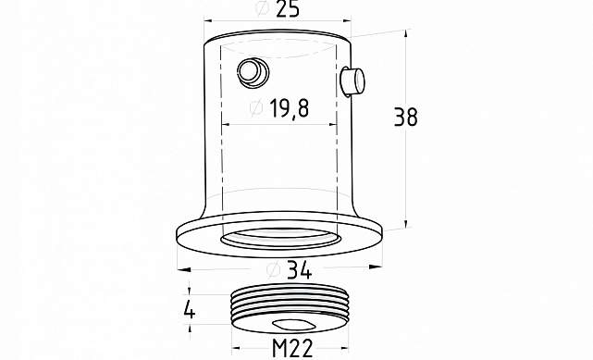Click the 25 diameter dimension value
pyautogui.click(x=288, y=9)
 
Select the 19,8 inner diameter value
pyautogui.click(x=290, y=108)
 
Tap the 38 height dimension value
pyautogui.click(x=406, y=117)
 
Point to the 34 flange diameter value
pyautogui.click(x=300, y=270)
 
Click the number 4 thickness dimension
pyautogui.click(x=189, y=311)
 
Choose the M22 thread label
pyautogui.click(x=292, y=348)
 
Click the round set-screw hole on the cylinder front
pyautogui.click(x=253, y=72)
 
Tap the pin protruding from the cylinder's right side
pyautogui.click(x=352, y=81)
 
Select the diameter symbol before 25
pyautogui.click(x=264, y=8)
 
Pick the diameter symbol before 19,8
pyautogui.click(x=256, y=107)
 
